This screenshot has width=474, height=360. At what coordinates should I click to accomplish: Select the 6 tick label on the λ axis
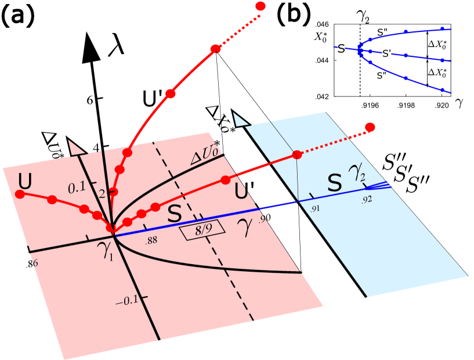click(91, 100)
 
